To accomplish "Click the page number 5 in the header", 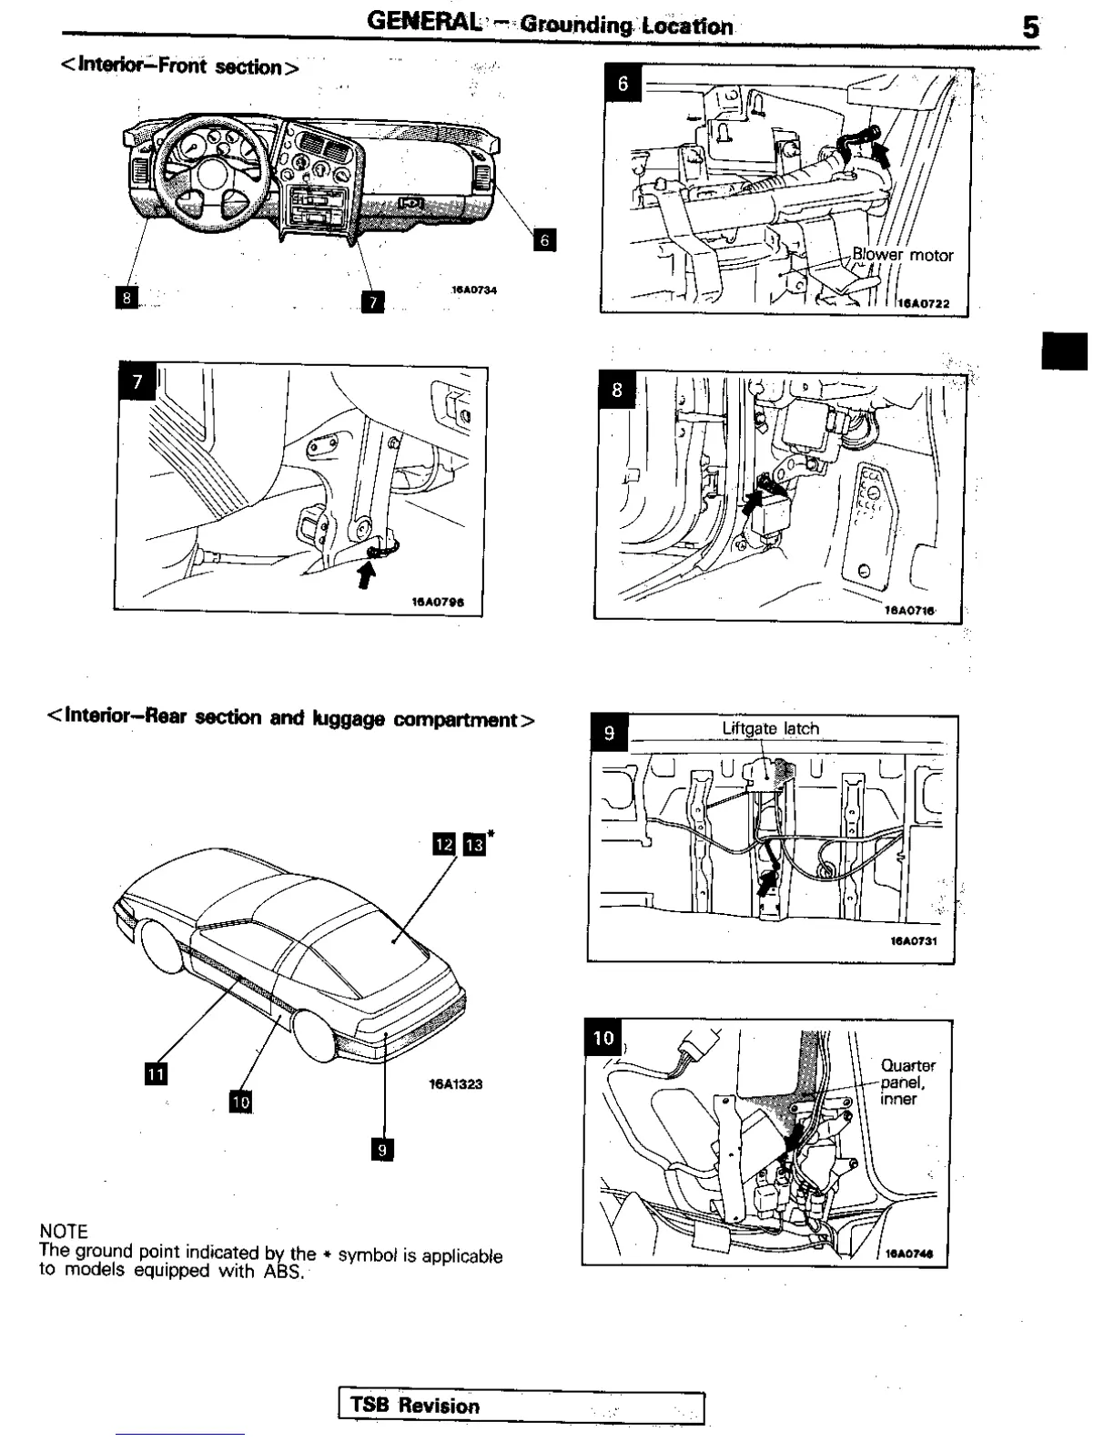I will [1029, 27].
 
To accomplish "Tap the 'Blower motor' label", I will [902, 255].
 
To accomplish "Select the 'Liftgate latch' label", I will [770, 728].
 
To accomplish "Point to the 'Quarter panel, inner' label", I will [906, 1081].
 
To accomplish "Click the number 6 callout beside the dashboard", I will [544, 240].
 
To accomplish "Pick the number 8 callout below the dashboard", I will [127, 297].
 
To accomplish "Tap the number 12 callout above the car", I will [444, 844].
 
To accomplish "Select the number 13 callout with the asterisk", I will [473, 844].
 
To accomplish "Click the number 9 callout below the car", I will [382, 1150].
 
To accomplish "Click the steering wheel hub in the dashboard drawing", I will [212, 172].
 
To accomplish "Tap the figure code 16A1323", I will [455, 1084].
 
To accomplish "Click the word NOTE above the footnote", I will [64, 1232].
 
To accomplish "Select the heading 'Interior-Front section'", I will [179, 66].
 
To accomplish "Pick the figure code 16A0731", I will [913, 941].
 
